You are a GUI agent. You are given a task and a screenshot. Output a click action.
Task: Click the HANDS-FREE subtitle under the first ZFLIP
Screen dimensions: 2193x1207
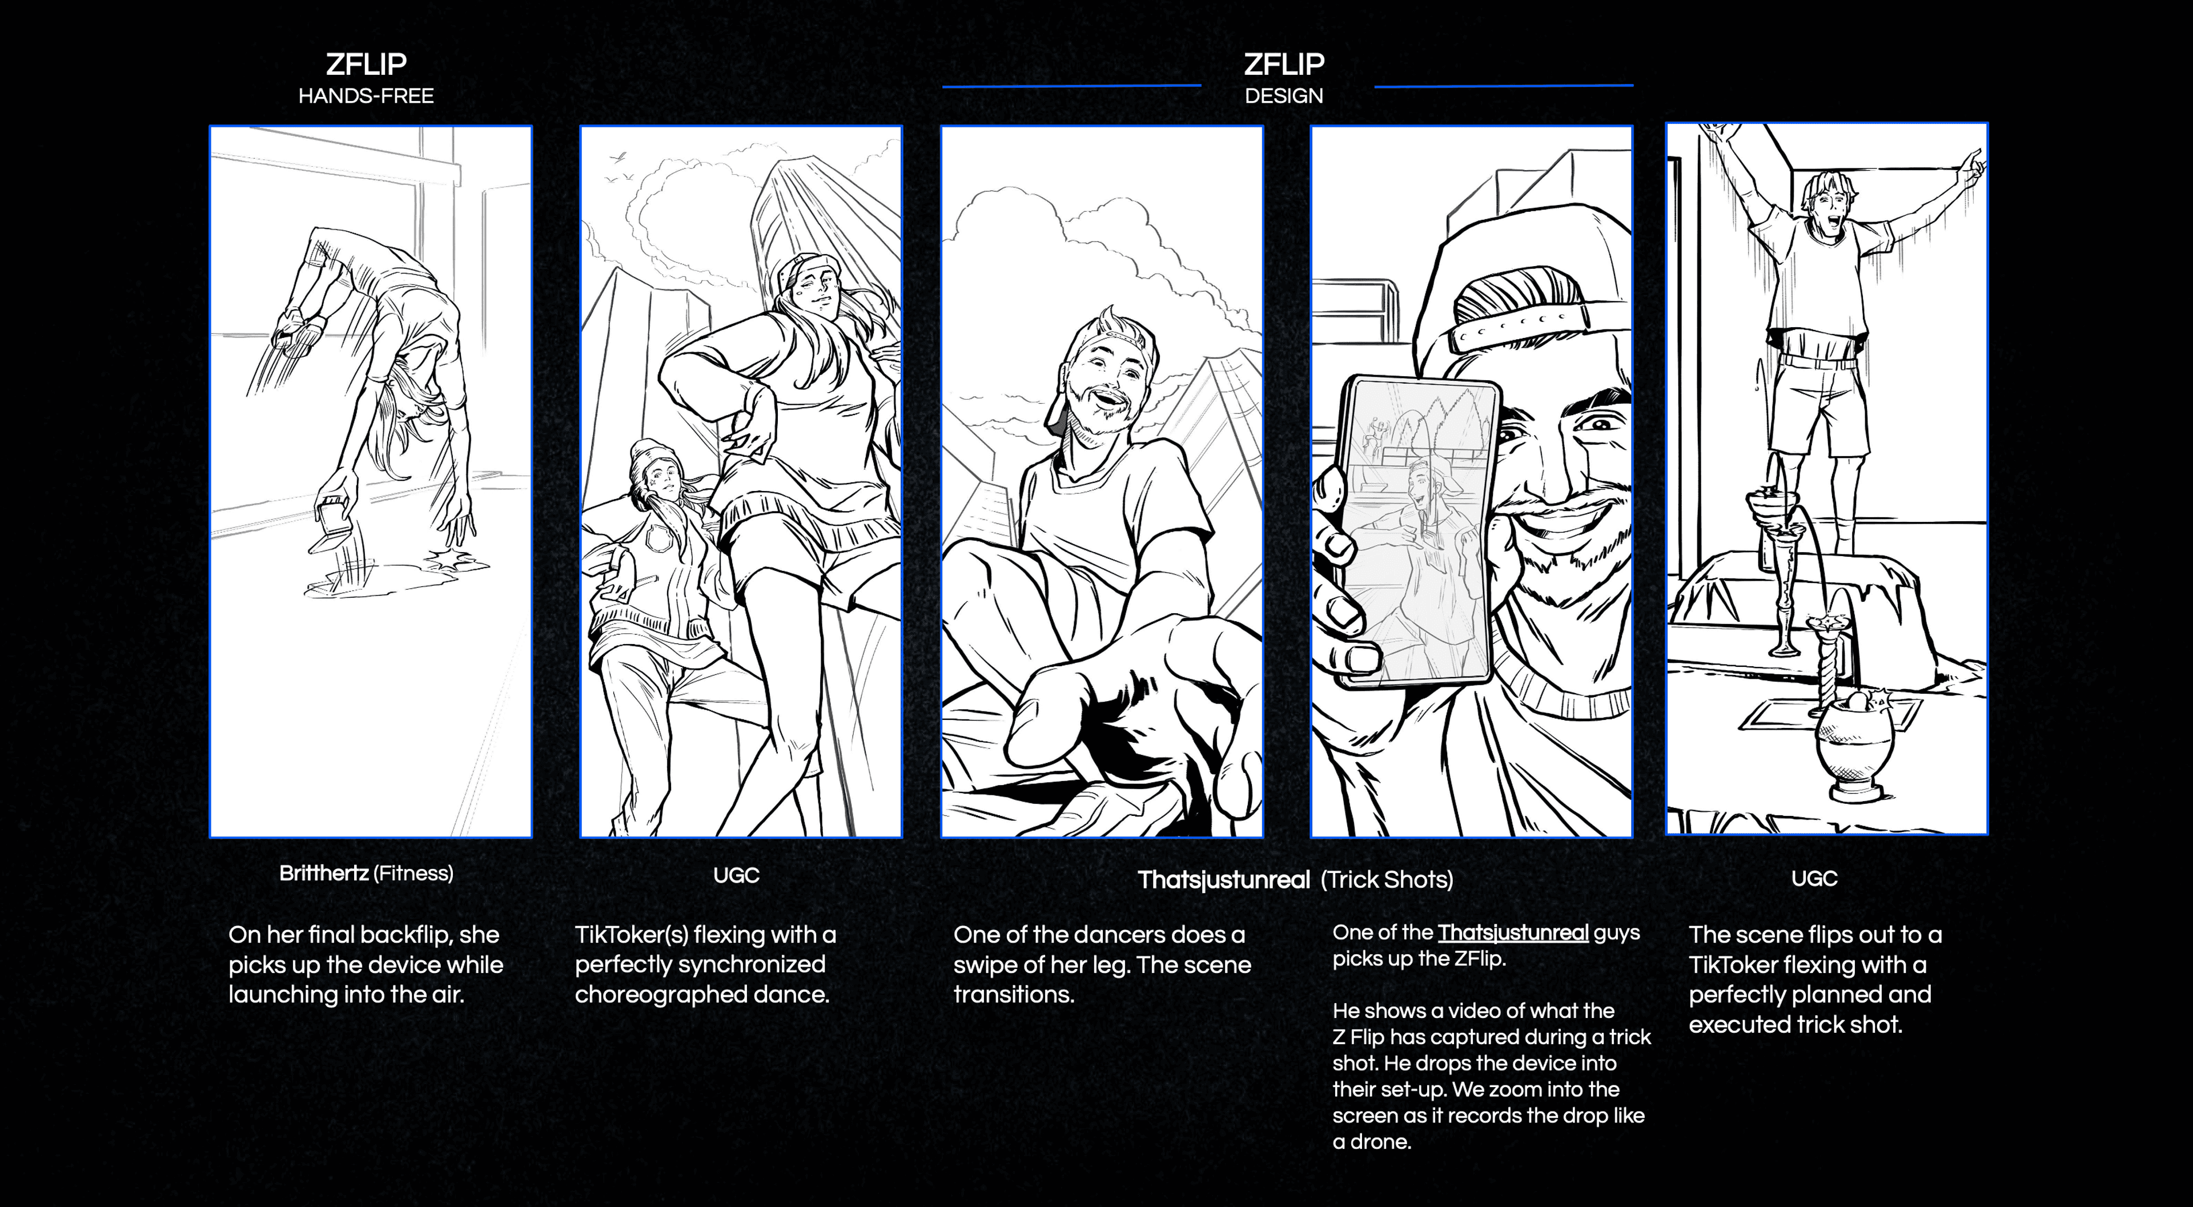point(366,96)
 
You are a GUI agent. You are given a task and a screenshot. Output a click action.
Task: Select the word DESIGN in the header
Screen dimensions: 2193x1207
point(1284,96)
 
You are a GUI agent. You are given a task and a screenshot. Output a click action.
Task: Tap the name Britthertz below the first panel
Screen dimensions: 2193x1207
point(323,874)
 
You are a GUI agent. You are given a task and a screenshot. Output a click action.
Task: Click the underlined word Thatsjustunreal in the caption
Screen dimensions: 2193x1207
point(1513,933)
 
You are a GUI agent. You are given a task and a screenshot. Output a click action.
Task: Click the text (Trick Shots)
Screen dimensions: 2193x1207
point(1387,880)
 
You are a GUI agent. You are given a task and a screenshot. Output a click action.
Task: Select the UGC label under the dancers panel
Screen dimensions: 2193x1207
point(736,875)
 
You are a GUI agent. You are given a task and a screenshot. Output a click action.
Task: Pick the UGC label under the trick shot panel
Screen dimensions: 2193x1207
point(1814,879)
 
